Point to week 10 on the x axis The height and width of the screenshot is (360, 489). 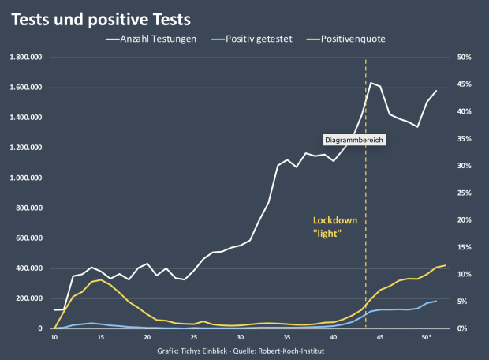tap(54, 337)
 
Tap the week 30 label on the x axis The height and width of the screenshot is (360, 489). tap(241, 337)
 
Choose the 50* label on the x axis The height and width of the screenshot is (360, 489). tap(427, 337)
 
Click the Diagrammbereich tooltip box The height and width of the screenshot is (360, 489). tap(356, 140)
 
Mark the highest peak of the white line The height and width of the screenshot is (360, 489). tap(371, 82)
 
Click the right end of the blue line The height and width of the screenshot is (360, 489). tap(436, 301)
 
